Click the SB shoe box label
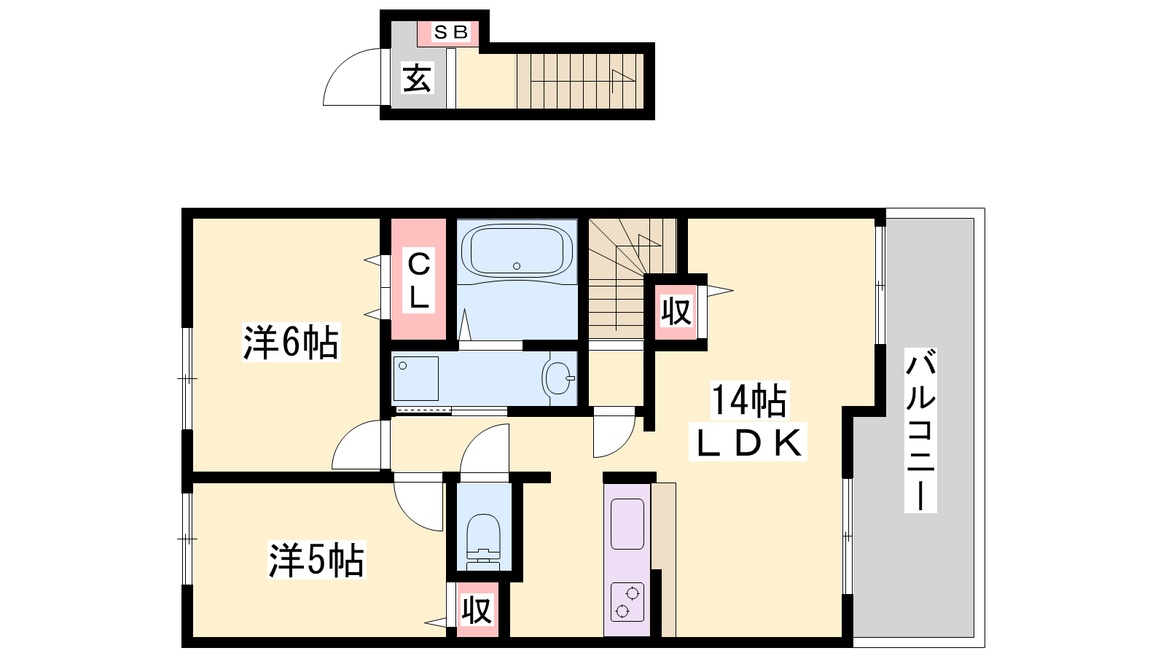(x=451, y=32)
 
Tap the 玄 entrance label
(x=417, y=79)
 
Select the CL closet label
(x=419, y=280)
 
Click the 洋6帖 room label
(x=291, y=342)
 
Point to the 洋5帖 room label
(x=316, y=560)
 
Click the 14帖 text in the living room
(x=749, y=400)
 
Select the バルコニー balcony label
(x=920, y=431)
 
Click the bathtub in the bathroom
(x=517, y=251)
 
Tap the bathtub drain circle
(x=517, y=266)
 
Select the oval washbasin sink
(x=558, y=378)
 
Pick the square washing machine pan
(x=415, y=378)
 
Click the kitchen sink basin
(x=627, y=524)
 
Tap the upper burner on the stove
(x=633, y=593)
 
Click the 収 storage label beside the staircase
(x=676, y=311)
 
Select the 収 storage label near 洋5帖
(x=477, y=609)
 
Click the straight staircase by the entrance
(x=580, y=81)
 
